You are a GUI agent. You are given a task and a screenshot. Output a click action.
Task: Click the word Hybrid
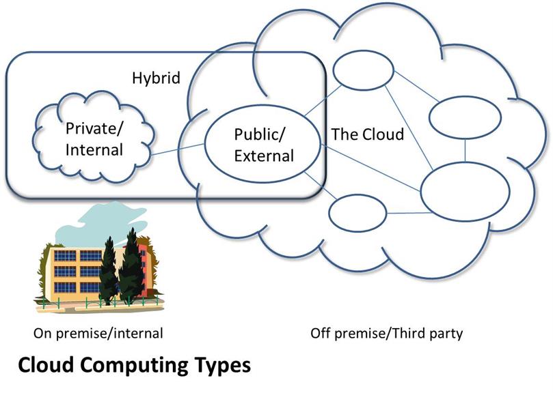click(x=156, y=78)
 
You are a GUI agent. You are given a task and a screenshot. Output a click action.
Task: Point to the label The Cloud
click(x=367, y=134)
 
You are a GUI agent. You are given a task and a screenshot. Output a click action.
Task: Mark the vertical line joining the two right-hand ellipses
click(x=466, y=150)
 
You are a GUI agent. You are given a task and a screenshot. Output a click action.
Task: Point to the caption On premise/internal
click(x=98, y=333)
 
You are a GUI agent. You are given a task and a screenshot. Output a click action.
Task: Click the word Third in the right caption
click(x=409, y=333)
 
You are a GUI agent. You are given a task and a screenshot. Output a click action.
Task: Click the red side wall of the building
click(x=143, y=268)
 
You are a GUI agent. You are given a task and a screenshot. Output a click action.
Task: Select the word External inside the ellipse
click(x=264, y=156)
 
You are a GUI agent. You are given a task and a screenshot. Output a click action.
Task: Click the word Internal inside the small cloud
click(x=94, y=150)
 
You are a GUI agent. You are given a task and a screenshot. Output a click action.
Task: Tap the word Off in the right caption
click(x=320, y=333)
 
